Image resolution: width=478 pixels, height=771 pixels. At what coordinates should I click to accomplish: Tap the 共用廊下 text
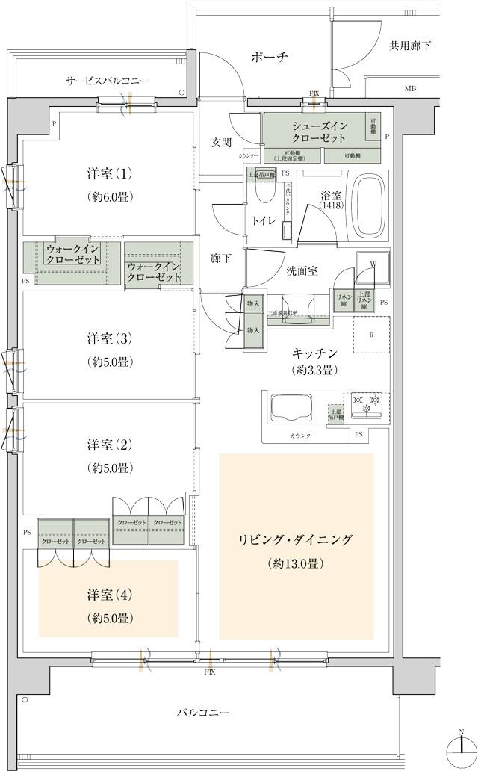pos(409,46)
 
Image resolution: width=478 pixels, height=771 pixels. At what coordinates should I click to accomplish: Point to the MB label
pos(410,89)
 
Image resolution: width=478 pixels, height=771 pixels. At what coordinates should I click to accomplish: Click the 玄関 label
pos(220,142)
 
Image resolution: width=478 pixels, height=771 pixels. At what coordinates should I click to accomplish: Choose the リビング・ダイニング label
pos(295,539)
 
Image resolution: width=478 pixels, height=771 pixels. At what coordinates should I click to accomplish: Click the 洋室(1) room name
pos(109,174)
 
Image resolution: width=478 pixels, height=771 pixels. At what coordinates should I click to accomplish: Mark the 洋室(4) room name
pos(109,595)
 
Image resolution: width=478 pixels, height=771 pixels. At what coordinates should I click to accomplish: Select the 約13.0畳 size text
pos(295,564)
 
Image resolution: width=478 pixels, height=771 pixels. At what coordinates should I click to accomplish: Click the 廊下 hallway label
pos(220,258)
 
